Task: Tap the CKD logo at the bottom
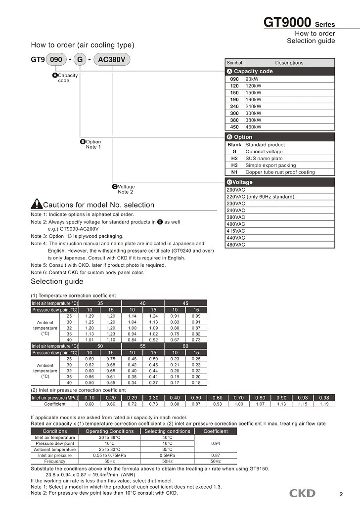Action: [x=302, y=493]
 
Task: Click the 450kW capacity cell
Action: [x=253, y=127]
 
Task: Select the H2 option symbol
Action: [x=234, y=158]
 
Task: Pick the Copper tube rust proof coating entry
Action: [x=280, y=172]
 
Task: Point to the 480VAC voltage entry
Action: [x=235, y=245]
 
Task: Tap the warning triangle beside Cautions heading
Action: [x=37, y=204]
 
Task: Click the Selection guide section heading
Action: [x=57, y=282]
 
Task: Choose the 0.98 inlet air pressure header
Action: [x=324, y=397]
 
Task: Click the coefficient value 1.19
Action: [x=324, y=404]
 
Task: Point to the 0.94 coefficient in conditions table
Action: [x=216, y=444]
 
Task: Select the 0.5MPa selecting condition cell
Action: [x=167, y=455]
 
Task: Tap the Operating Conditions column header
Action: [x=110, y=431]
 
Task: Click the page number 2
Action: [x=341, y=494]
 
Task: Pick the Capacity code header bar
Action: [x=280, y=71]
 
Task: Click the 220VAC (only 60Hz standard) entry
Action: [x=260, y=197]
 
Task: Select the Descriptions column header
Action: [x=289, y=63]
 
